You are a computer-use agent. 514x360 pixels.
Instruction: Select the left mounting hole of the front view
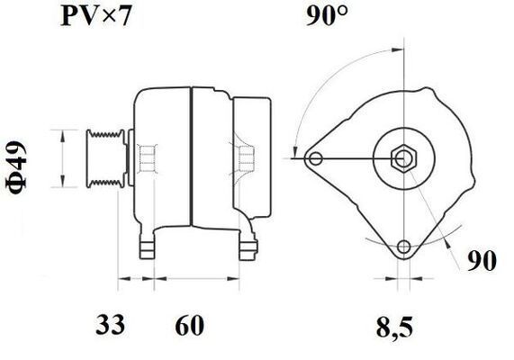(314, 159)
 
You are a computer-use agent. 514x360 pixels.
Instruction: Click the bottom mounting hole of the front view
(404, 247)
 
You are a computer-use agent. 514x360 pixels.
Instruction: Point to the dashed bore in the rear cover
(245, 158)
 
